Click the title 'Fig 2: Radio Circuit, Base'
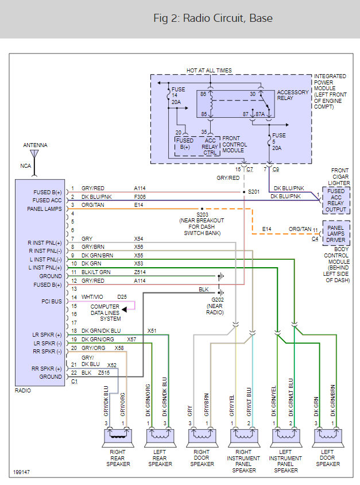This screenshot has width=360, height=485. pos(213,18)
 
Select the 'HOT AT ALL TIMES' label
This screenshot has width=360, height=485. pos(209,71)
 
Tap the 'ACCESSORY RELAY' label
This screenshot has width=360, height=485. pos(293,95)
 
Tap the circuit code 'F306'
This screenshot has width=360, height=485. pos(141,197)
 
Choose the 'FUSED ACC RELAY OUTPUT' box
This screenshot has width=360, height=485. pos(336,200)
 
